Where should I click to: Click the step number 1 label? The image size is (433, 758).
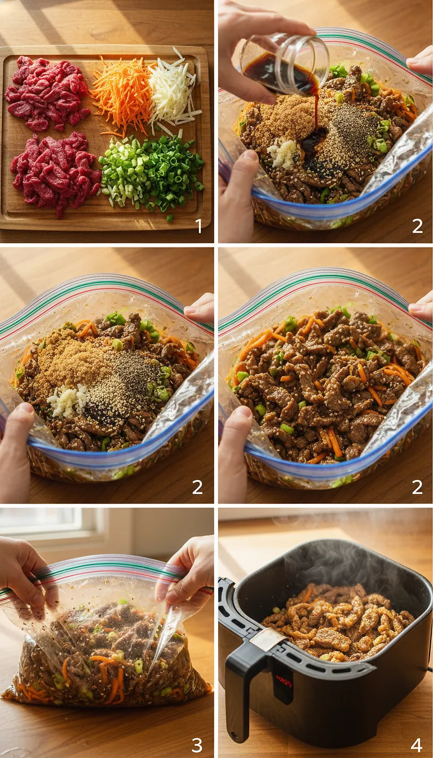pyautogui.click(x=198, y=226)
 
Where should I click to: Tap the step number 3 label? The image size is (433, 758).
pyautogui.click(x=197, y=744)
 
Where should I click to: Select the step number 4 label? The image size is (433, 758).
pyautogui.click(x=417, y=744)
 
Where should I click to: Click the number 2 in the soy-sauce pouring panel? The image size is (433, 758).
pyautogui.click(x=417, y=226)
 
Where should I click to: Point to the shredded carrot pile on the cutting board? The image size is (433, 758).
pyautogui.click(x=121, y=93)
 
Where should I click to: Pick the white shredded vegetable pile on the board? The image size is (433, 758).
pyautogui.click(x=172, y=90)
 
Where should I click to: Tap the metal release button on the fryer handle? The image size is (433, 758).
pyautogui.click(x=266, y=640)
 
